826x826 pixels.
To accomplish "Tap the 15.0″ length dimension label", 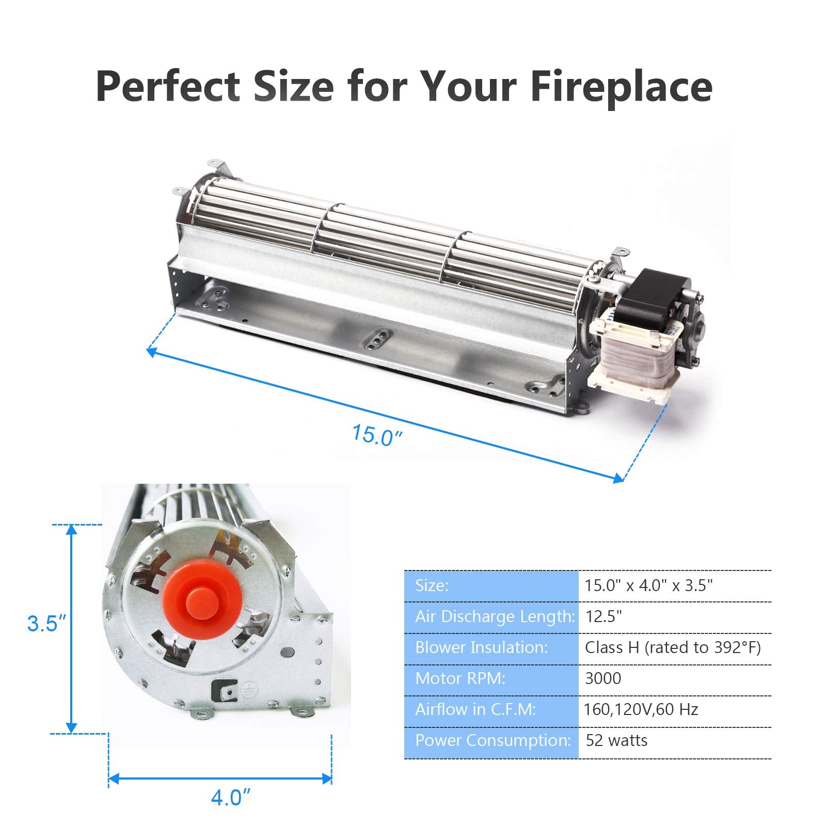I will click(x=376, y=435).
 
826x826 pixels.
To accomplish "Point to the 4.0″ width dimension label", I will click(x=230, y=798).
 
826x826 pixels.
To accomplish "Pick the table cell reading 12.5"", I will click(x=603, y=616).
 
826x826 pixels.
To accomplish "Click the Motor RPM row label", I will click(x=460, y=678).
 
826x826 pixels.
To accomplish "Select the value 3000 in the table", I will click(x=602, y=678).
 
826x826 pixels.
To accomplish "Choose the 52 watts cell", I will click(x=616, y=740).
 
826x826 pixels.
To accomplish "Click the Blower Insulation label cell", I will click(x=481, y=647).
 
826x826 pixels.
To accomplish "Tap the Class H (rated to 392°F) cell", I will click(x=673, y=647).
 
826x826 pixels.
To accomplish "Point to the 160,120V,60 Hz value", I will click(x=641, y=709).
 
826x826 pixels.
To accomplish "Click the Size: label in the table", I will click(x=432, y=585).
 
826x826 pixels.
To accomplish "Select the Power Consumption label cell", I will click(x=493, y=740).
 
